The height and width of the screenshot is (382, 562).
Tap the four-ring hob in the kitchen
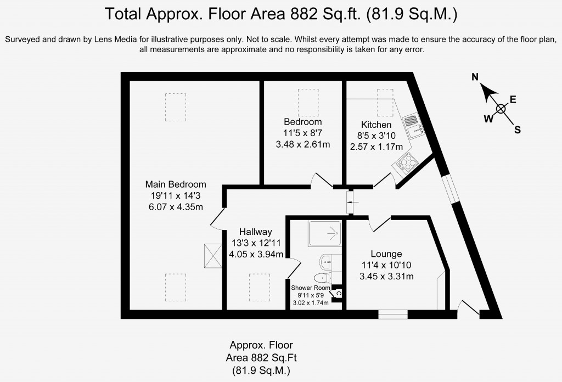point(408,161)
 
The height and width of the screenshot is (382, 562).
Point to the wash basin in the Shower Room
point(324,260)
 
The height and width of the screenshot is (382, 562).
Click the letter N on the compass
point(476,77)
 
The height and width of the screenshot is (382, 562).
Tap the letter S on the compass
point(517,130)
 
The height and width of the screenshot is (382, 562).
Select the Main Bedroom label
point(176,184)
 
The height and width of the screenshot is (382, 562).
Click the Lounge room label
point(386,254)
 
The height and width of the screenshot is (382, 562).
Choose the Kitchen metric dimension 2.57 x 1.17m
point(376,147)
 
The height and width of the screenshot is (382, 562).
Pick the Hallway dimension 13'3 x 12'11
point(256,243)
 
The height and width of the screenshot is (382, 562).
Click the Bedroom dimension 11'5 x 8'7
point(302,133)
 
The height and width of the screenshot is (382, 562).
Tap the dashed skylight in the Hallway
point(260,286)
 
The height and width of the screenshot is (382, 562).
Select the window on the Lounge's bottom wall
point(393,314)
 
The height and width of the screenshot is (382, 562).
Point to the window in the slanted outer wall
point(452,190)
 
